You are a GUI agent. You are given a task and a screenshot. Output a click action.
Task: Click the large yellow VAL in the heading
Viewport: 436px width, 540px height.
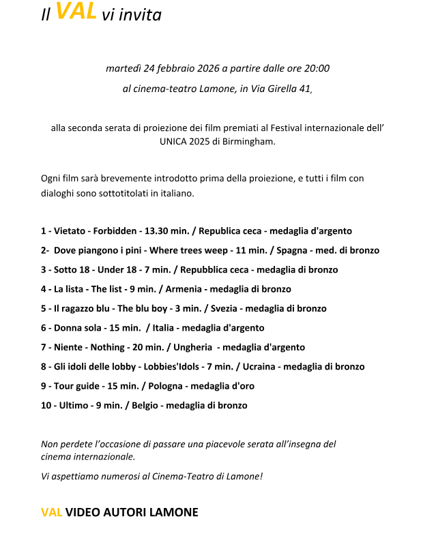point(76,11)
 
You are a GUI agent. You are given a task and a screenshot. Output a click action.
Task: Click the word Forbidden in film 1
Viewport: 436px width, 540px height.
point(115,231)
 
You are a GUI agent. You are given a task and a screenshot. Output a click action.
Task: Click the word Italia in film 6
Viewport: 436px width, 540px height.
point(166,328)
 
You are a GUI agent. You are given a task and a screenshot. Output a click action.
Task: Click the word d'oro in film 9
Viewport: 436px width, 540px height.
point(243,386)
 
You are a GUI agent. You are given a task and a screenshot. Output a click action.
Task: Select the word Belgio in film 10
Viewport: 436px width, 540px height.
point(141,405)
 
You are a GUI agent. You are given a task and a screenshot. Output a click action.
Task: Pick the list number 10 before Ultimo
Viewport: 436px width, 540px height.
point(46,405)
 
